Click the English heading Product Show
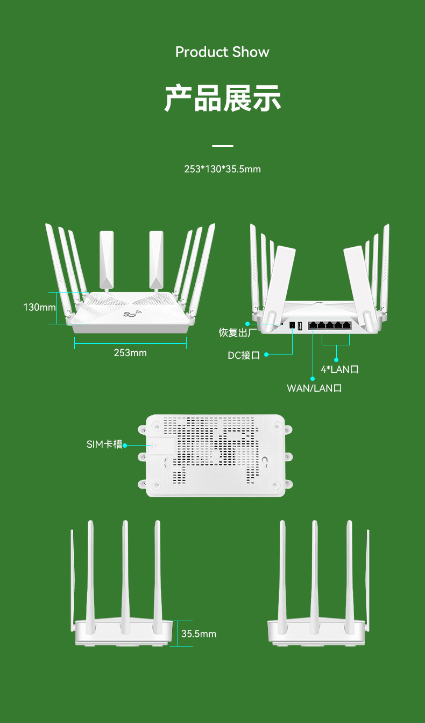click(x=222, y=52)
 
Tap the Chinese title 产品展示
click(x=222, y=98)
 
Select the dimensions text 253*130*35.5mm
click(x=222, y=169)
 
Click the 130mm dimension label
click(x=39, y=308)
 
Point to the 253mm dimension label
click(x=130, y=353)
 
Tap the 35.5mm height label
click(x=199, y=634)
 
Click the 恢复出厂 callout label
click(x=235, y=332)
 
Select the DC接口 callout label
click(x=244, y=355)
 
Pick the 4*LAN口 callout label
click(x=339, y=369)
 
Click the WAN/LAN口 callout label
click(x=314, y=388)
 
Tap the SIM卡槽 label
click(x=104, y=444)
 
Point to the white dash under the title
click(x=222, y=146)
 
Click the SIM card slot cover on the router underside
click(x=162, y=446)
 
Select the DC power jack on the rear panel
click(x=292, y=325)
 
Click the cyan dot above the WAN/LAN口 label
click(x=313, y=378)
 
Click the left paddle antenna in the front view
click(x=107, y=259)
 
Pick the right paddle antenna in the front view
click(x=156, y=259)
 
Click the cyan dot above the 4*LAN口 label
click(x=336, y=359)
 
